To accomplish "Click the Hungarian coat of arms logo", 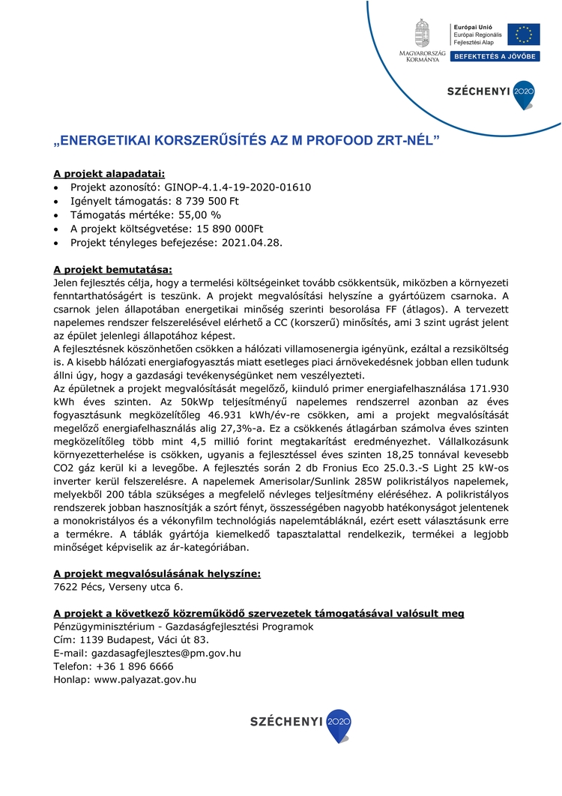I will click(x=423, y=33).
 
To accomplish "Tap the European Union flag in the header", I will click(x=523, y=34).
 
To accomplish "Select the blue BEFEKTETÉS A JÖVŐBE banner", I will click(x=495, y=56).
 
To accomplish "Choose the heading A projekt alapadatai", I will click(x=109, y=173).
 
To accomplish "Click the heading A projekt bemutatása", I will click(x=112, y=268).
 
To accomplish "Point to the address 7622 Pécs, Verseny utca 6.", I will click(x=118, y=587).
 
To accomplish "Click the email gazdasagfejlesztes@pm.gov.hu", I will click(x=166, y=653).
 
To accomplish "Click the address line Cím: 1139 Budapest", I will click(x=131, y=639).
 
